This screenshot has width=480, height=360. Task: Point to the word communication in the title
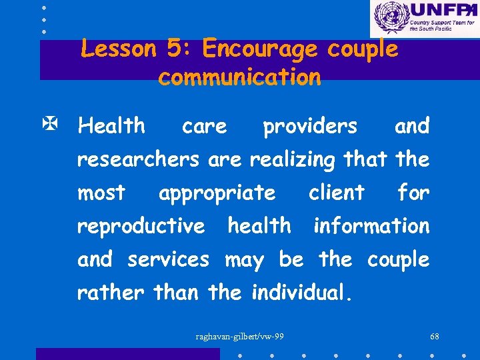coord(239,77)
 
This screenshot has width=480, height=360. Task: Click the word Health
coord(111,125)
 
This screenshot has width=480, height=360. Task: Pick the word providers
coord(310,126)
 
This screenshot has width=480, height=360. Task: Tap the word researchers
coord(138,159)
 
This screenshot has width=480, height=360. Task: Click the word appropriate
coord(217,193)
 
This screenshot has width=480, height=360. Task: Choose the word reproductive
coord(141,227)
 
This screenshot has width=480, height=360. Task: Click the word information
coord(371,226)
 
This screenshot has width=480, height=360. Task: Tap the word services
coord(168,259)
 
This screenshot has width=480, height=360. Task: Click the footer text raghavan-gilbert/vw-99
coord(239,336)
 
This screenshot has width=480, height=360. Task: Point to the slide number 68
coord(435,336)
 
